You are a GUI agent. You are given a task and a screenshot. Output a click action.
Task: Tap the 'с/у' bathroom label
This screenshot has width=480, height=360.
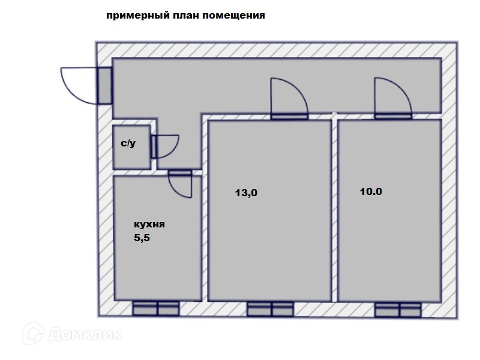128,144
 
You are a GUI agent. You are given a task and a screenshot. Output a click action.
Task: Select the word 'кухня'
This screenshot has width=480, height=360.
149,224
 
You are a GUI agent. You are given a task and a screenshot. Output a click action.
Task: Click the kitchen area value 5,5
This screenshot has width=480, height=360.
142,238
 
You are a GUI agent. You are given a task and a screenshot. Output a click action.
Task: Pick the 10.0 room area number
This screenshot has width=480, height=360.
371,192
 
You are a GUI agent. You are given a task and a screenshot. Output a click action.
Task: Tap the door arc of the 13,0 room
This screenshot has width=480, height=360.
287,96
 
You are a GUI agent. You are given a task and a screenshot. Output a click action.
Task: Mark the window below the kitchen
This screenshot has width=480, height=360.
156,309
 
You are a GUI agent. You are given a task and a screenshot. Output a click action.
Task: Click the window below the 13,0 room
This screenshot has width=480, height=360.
270,309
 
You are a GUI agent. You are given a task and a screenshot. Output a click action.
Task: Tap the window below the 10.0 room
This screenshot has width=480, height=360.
398,310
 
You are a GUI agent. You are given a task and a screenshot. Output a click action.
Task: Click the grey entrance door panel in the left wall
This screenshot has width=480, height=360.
104,86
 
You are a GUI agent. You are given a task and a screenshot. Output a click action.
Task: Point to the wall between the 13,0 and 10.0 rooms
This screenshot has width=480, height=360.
334,210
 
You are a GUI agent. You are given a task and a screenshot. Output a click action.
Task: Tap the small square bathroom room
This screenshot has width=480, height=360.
131,147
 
